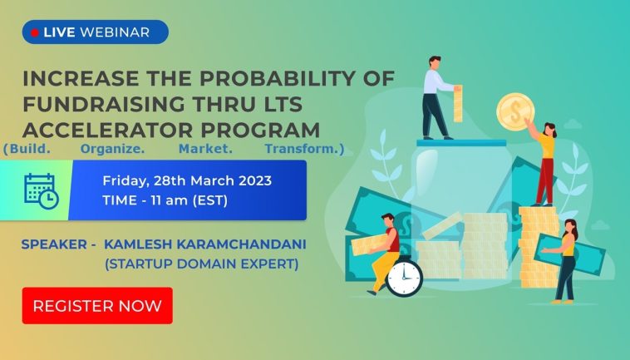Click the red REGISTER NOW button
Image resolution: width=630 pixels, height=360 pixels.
click(x=97, y=306)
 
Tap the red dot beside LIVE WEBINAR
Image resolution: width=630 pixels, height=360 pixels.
click(x=35, y=32)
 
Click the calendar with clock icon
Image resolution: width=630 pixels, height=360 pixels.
click(x=42, y=191)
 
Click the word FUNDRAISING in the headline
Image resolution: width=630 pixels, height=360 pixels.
click(x=104, y=104)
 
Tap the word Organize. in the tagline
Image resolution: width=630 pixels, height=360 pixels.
click(x=112, y=149)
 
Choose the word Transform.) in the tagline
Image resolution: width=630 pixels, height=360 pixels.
click(x=304, y=149)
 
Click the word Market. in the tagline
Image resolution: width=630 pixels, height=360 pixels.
click(x=205, y=149)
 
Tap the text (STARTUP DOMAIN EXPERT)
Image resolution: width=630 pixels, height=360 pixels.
click(x=202, y=264)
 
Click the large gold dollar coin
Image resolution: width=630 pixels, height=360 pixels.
click(x=515, y=111)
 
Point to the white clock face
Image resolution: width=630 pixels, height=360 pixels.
click(x=404, y=278)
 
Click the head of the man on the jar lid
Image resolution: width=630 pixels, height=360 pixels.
click(x=436, y=62)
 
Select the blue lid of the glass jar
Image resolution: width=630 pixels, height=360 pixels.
click(x=461, y=143)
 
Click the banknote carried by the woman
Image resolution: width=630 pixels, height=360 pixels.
click(x=569, y=254)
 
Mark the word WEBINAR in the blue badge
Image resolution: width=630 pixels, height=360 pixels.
click(x=115, y=32)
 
